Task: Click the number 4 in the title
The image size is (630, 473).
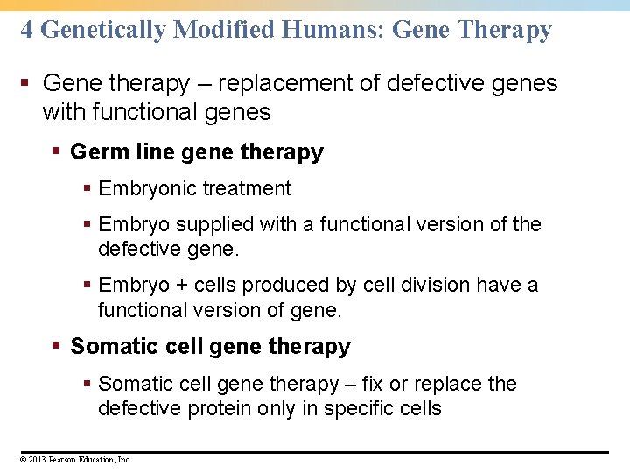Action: [27, 30]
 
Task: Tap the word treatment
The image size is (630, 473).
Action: [248, 188]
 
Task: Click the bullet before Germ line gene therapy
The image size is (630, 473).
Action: [57, 152]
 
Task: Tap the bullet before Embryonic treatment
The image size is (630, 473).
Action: [87, 188]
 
